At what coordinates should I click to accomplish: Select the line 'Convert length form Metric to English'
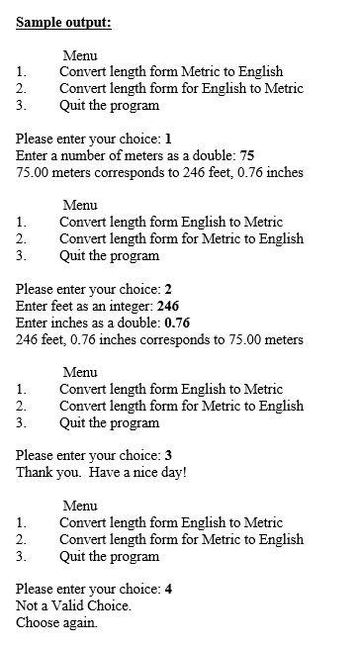[x=171, y=71]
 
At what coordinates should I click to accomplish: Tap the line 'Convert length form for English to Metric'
[x=181, y=88]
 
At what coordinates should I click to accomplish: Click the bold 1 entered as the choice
[x=169, y=138]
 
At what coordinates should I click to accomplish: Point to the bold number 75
[x=247, y=155]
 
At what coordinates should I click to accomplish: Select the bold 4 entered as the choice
[x=169, y=589]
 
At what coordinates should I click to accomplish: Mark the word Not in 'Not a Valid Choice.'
[x=28, y=605]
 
